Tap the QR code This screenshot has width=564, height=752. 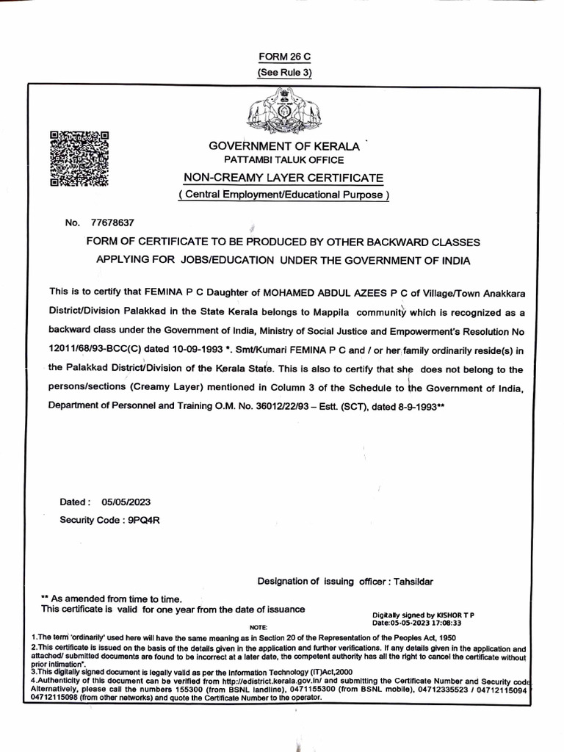coord(79,159)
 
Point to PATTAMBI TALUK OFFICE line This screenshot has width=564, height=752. coord(283,159)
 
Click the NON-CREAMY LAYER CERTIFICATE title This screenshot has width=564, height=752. coord(283,178)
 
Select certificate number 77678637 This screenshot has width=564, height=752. coord(112,222)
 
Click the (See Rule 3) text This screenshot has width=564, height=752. coord(284,73)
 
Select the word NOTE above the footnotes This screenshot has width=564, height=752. coord(259,628)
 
